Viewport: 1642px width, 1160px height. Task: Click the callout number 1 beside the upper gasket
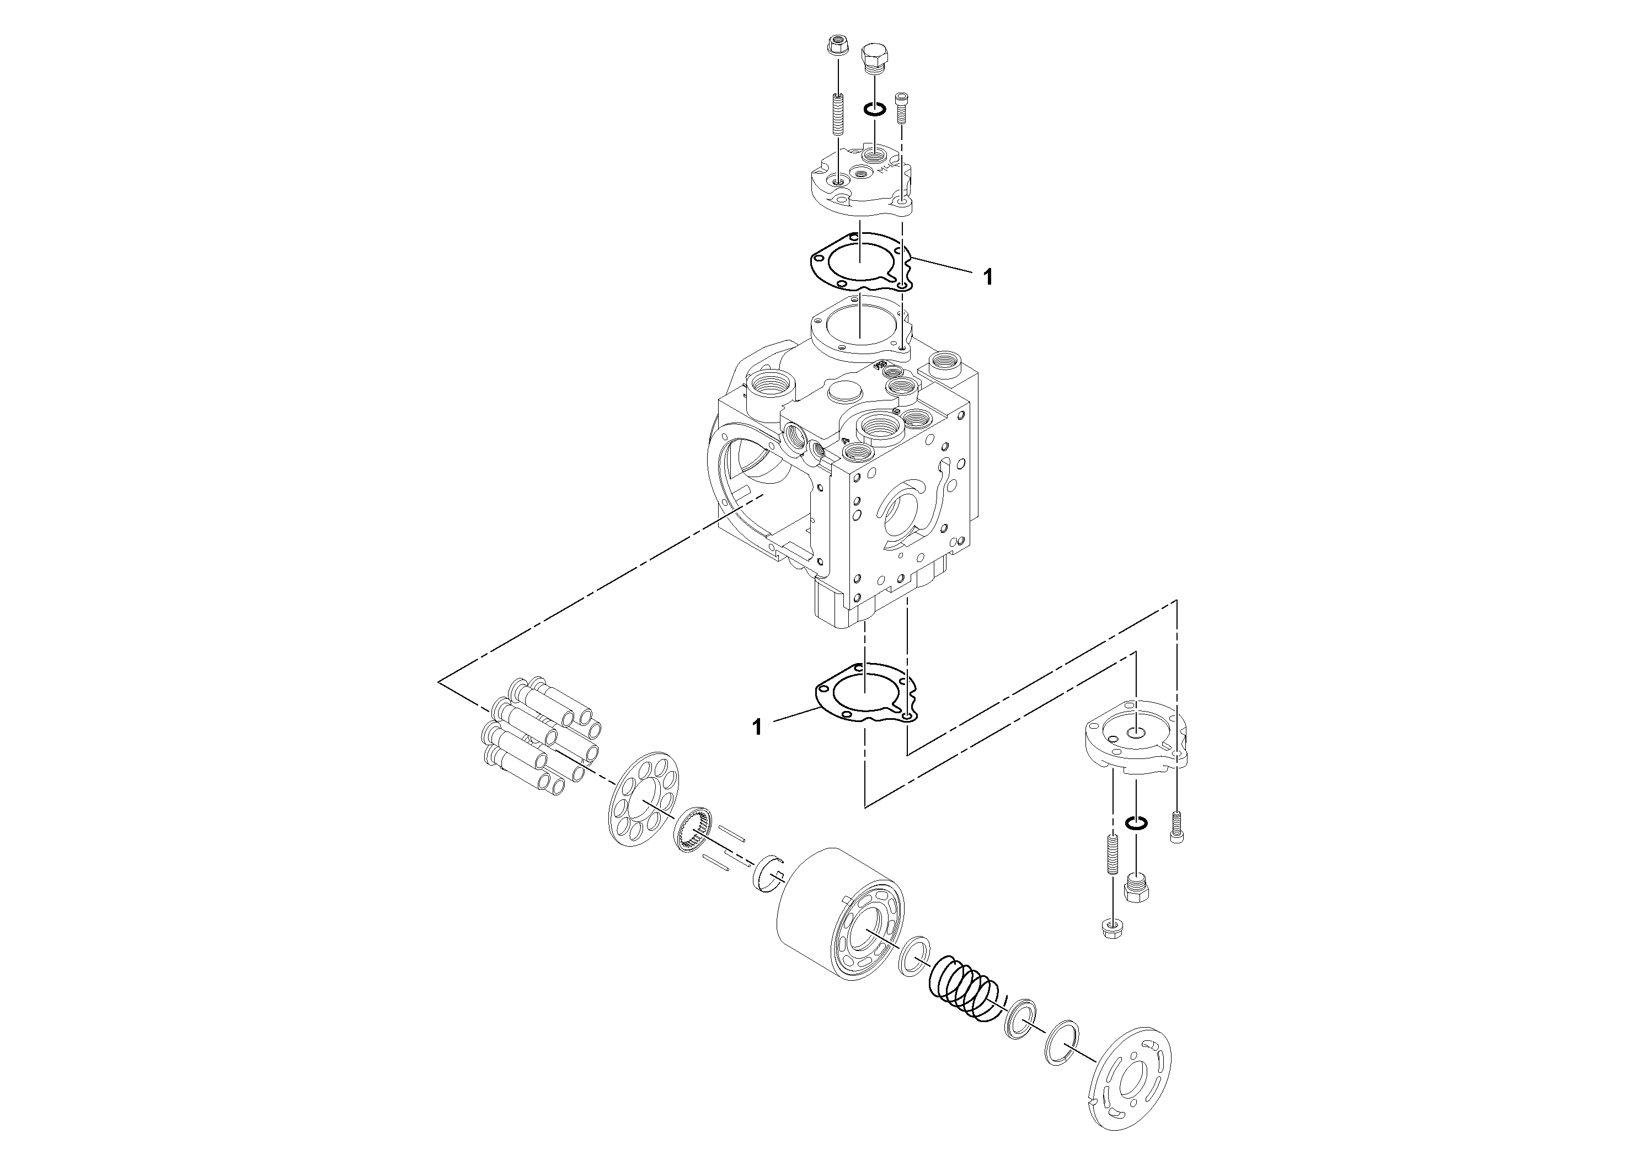pyautogui.click(x=988, y=277)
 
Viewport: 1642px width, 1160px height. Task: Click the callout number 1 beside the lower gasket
pyautogui.click(x=757, y=728)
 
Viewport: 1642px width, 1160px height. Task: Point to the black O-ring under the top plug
pyautogui.click(x=874, y=109)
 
